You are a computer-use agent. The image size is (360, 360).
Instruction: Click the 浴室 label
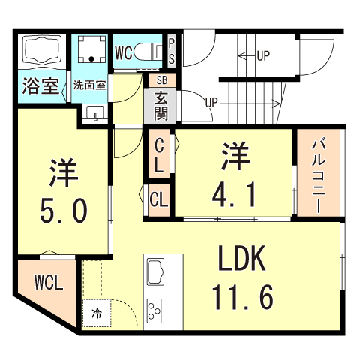coord(41,85)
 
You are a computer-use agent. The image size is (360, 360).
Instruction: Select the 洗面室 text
coord(90,85)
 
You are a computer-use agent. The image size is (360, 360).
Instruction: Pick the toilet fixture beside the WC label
coord(152,52)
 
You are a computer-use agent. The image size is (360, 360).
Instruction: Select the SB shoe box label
coord(161,78)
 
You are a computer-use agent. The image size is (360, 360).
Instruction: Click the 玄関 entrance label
coord(161,104)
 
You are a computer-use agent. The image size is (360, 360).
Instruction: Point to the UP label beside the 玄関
coord(212,102)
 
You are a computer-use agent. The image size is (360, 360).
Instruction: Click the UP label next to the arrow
coord(264,55)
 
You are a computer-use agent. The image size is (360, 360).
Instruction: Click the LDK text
coord(241,259)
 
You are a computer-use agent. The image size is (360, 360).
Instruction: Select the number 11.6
coord(241,297)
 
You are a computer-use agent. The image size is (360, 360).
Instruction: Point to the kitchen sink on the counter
coord(158,271)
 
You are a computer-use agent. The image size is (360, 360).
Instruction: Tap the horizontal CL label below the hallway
coord(158,199)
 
